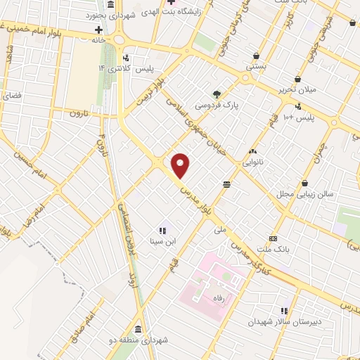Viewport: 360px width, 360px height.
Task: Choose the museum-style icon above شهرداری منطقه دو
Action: click(x=136, y=329)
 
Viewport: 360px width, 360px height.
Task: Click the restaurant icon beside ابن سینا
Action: click(x=162, y=230)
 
